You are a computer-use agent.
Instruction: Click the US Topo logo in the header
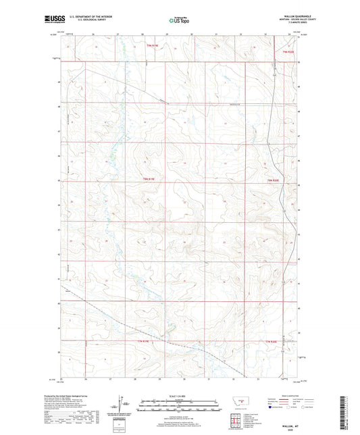point(178,22)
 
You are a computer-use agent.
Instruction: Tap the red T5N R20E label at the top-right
point(289,51)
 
